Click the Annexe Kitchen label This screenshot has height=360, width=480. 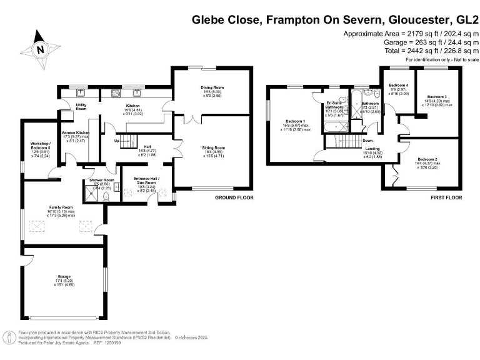pyautogui.click(x=75, y=133)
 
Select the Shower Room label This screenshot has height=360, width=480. pyautogui.click(x=100, y=181)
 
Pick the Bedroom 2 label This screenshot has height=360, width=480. pyautogui.click(x=427, y=159)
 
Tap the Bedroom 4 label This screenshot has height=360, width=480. pyautogui.click(x=398, y=85)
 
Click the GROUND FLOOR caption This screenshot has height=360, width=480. pyautogui.click(x=234, y=197)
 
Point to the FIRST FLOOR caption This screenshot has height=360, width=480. pyautogui.click(x=446, y=197)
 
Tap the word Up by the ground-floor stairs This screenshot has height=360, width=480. pyautogui.click(x=117, y=141)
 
